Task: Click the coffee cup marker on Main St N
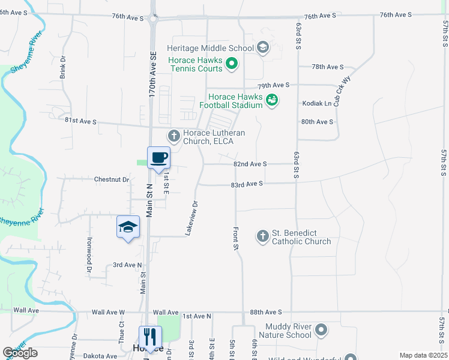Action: click(158, 158)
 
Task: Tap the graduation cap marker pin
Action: click(128, 227)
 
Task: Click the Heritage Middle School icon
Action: click(262, 47)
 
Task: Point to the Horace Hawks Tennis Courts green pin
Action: click(234, 63)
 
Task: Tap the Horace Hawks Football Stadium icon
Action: click(272, 100)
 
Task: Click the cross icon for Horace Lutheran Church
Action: click(174, 136)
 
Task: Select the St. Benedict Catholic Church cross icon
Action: click(262, 236)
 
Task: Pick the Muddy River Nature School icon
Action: click(321, 329)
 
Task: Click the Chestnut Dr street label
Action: click(112, 179)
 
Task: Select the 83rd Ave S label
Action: click(247, 184)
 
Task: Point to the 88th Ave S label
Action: click(265, 313)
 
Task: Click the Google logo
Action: click(20, 353)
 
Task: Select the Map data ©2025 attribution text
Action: click(423, 355)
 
